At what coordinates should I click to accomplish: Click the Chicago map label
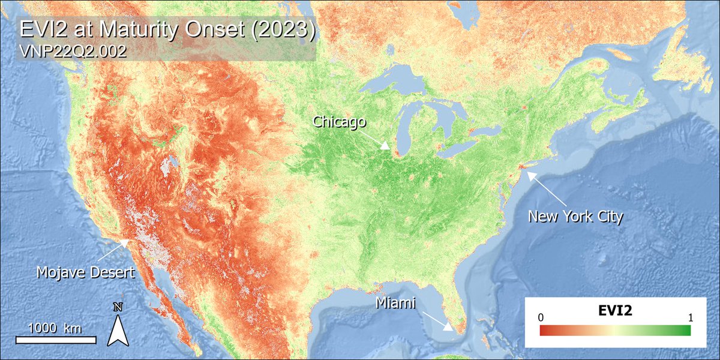340,122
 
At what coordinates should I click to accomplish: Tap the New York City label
575,216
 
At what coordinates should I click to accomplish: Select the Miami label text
395,304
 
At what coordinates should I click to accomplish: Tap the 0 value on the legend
541,317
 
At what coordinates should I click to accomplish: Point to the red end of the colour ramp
546,330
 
